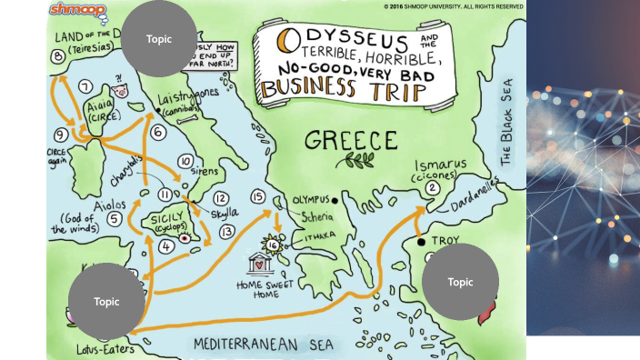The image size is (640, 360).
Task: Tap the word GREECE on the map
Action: (x=351, y=141)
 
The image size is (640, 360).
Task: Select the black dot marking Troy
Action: (x=420, y=243)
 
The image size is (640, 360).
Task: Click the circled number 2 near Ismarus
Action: (x=433, y=188)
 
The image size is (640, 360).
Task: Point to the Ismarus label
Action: (x=442, y=166)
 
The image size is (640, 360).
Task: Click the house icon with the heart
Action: (x=262, y=265)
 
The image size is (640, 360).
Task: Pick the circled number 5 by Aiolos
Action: (x=115, y=218)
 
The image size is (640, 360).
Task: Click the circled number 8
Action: (x=59, y=57)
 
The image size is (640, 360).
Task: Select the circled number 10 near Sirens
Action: (x=185, y=162)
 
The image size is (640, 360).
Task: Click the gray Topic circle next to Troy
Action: (x=461, y=282)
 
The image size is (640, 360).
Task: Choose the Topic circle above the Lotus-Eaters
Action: (x=106, y=301)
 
